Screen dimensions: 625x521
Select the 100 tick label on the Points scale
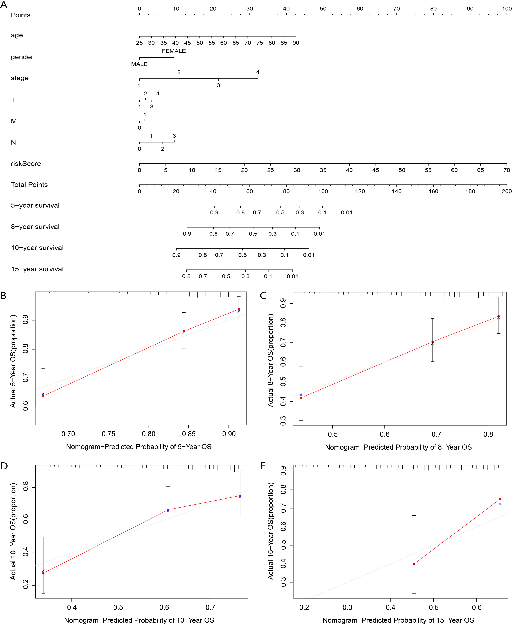click(x=507, y=9)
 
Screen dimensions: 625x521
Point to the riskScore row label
click(x=26, y=164)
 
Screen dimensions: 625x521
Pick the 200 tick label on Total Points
click(x=507, y=191)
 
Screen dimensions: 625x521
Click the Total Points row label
click(x=29, y=185)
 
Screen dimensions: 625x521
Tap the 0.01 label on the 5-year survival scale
click(x=346, y=212)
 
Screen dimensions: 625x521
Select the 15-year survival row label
click(x=37, y=269)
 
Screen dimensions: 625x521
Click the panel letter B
click(x=4, y=296)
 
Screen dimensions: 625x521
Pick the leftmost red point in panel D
click(x=43, y=573)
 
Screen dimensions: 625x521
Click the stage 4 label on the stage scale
click(x=258, y=72)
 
